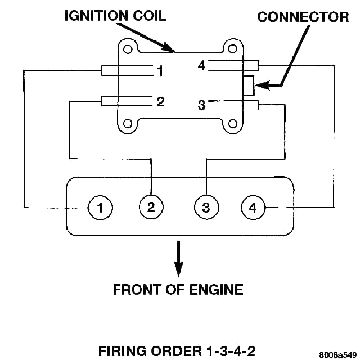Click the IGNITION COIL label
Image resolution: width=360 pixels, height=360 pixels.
115,15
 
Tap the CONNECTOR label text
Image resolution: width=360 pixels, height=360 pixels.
303,17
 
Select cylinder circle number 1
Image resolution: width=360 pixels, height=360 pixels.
100,208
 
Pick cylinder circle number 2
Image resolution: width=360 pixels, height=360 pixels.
151,206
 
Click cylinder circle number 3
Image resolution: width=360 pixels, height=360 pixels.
206,208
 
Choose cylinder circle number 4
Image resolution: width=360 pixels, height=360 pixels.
253,208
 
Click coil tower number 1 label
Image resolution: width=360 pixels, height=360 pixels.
160,71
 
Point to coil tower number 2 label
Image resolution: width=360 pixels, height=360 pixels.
160,102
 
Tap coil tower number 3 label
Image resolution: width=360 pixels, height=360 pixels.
201,105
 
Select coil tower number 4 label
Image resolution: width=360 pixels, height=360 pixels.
201,66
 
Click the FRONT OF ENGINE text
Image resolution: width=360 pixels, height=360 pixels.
178,289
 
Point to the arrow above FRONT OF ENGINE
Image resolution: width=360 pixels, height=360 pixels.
178,259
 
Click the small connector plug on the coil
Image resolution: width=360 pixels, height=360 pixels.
249,85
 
